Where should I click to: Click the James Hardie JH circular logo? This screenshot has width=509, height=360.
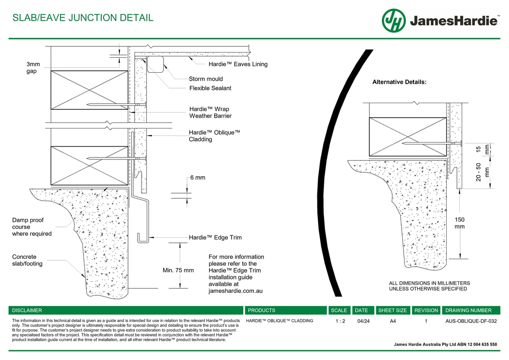point(394,21)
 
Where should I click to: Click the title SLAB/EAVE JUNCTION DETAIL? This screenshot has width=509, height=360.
point(82,18)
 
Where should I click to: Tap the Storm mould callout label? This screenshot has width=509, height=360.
point(206,79)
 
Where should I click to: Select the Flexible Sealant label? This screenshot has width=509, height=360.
point(210,88)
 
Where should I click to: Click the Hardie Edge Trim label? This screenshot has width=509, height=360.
point(215,238)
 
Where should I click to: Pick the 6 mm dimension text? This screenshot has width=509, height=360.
point(198,178)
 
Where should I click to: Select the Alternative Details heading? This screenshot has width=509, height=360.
point(399,82)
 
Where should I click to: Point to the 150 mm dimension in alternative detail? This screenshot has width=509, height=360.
point(460,223)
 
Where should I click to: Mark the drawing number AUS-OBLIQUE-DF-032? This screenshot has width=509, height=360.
point(471,322)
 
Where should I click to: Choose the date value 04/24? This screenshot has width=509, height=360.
point(363,322)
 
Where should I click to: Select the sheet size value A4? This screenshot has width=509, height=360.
point(392,322)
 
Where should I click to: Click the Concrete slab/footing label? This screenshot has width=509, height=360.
point(27,260)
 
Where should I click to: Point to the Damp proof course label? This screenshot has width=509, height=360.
point(32,227)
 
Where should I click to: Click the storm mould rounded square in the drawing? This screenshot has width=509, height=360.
point(156,64)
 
